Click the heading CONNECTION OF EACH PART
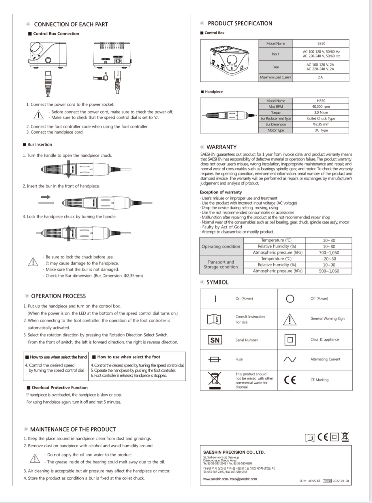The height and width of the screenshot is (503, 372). (x=71, y=25)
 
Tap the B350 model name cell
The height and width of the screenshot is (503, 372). (x=321, y=44)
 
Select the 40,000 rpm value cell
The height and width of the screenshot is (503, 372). (x=321, y=106)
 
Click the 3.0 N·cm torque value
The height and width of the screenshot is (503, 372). (x=321, y=113)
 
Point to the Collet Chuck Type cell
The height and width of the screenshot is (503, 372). (x=321, y=119)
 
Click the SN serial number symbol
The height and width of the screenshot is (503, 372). (x=215, y=340)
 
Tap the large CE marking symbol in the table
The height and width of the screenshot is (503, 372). (x=290, y=380)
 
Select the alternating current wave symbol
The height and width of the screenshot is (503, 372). (x=290, y=359)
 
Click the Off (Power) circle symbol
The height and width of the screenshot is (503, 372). (x=290, y=299)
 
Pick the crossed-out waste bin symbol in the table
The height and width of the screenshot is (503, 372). (x=215, y=380)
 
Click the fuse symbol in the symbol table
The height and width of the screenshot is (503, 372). (x=215, y=359)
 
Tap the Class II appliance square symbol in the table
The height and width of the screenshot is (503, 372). (x=290, y=340)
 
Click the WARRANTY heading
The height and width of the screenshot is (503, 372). (x=221, y=147)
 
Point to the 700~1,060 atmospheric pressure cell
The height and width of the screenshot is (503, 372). (x=329, y=253)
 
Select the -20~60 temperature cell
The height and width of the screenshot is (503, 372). (x=329, y=259)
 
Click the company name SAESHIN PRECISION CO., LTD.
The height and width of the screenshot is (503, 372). (x=234, y=452)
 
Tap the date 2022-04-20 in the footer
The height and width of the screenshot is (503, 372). (x=341, y=481)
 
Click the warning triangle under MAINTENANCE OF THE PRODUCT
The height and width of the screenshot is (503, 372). (x=35, y=458)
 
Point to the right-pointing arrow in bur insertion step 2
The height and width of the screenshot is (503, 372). (x=45, y=197)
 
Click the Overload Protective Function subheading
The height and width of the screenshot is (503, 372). (x=59, y=388)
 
